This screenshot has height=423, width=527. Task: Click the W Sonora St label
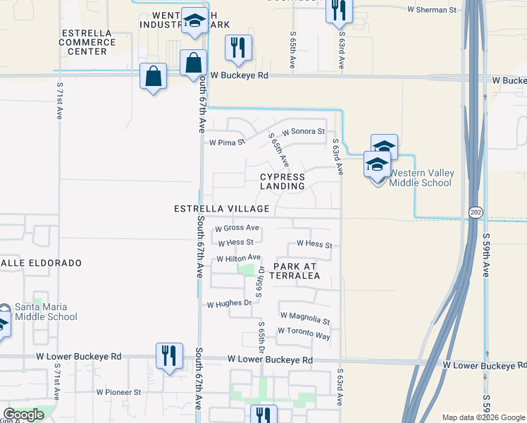[x=303, y=132]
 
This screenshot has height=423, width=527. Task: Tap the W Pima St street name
[x=226, y=142]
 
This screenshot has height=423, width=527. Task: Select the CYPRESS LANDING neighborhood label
[x=283, y=182]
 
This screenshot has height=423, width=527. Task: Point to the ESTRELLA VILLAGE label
[x=223, y=209]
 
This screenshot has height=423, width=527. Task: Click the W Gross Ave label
[x=237, y=228]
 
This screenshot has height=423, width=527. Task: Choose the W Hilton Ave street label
[x=238, y=259]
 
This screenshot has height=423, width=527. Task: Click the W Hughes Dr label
[x=229, y=304]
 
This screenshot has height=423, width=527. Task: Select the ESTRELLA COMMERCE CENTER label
[x=87, y=42]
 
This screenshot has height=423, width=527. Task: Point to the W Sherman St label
[x=432, y=10]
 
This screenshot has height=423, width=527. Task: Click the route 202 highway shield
[x=475, y=211]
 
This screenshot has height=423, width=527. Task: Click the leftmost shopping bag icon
[x=153, y=75]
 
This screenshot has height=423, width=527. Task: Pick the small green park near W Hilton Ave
[x=246, y=270]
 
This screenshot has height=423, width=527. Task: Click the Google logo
[x=24, y=415]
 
